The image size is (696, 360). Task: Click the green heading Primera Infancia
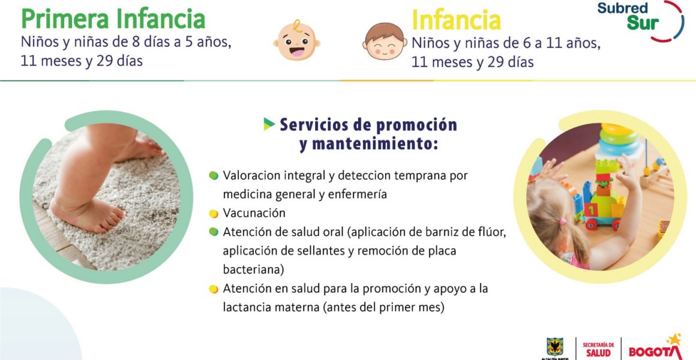[113, 19]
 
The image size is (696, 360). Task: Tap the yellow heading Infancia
[456, 20]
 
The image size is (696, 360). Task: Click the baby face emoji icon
[296, 41]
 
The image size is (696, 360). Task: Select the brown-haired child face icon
[385, 41]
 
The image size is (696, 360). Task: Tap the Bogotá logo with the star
[656, 347]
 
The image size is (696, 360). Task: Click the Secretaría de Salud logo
[598, 350]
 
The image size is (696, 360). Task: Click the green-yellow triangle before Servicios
[269, 124]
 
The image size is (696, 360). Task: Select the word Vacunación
[254, 213]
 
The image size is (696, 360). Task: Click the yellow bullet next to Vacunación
[214, 214]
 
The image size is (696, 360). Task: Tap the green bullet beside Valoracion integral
[214, 176]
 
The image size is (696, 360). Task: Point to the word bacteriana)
[253, 269]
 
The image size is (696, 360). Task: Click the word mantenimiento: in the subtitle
[368, 144]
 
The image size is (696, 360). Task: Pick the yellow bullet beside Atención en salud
[214, 289]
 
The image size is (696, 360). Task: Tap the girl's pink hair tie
[563, 221]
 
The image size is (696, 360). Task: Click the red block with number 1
[591, 209]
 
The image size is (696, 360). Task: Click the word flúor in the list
[491, 232]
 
